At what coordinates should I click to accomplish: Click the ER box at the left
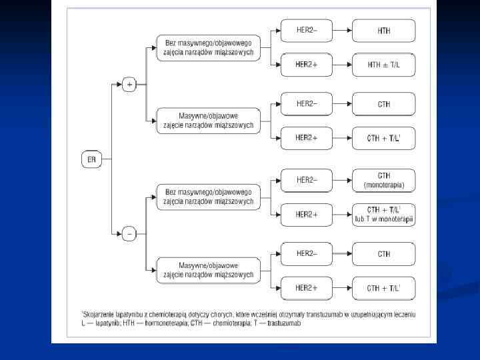(91, 159)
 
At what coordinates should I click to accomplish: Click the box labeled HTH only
(383, 31)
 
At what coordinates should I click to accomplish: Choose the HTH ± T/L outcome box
(383, 65)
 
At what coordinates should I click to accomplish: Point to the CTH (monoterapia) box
(383, 179)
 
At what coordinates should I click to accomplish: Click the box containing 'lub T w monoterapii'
(383, 215)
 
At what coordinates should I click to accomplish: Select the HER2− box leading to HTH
(306, 30)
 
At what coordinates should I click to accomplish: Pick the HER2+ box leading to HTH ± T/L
(306, 65)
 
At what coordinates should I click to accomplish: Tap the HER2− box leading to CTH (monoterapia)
(306, 179)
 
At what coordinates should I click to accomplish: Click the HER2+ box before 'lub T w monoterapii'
(306, 214)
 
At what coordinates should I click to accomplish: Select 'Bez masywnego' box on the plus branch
(208, 47)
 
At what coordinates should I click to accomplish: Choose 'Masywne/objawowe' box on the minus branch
(208, 269)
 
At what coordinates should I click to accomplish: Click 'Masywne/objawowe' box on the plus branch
(208, 120)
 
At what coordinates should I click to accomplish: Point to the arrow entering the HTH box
(341, 31)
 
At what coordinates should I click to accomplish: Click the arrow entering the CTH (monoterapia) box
(341, 179)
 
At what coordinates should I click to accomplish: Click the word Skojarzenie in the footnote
(99, 313)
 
